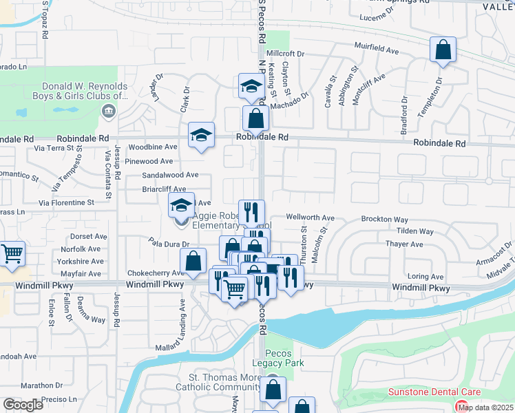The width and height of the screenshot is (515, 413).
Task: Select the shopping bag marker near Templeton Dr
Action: pos(443,50)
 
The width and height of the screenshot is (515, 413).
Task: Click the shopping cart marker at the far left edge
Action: pos(12,254)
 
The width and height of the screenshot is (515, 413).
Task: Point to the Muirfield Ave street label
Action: pos(377,50)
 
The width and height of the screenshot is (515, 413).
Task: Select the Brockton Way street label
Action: pos(385,219)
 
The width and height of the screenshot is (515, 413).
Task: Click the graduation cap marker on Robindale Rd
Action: pos(201,136)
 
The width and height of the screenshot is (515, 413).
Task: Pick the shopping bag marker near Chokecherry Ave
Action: pos(193,262)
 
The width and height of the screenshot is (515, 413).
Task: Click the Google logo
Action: pos(23,405)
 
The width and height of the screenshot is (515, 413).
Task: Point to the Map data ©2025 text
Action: pos(485,407)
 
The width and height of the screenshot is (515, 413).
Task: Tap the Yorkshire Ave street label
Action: pos(82,261)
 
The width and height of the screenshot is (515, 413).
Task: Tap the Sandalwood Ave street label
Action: pos(170,175)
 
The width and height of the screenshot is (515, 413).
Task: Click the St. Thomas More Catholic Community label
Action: pos(225,383)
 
